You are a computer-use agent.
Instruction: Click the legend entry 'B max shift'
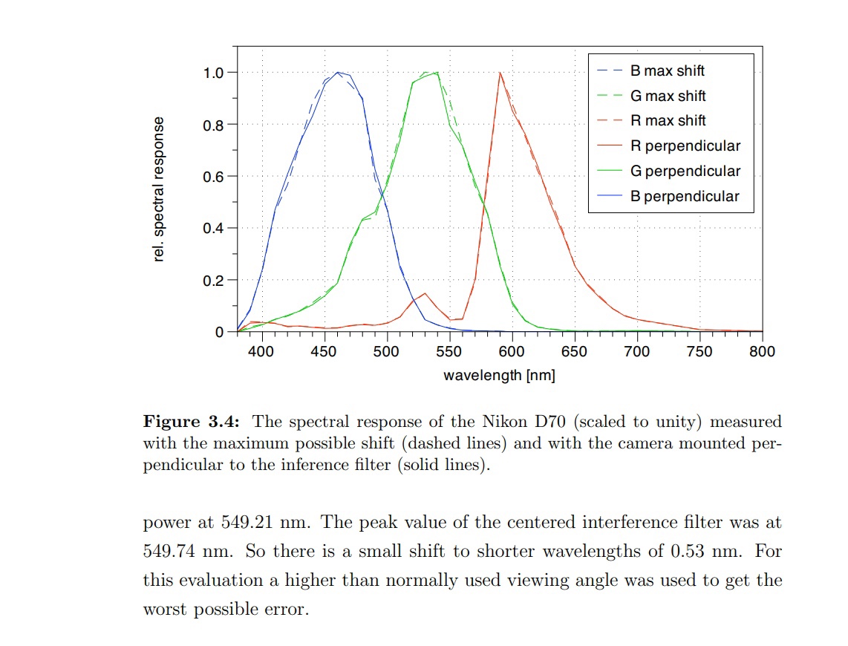click(x=667, y=71)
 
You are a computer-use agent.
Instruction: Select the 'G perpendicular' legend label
click(x=685, y=172)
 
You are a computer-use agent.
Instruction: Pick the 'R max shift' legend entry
click(x=668, y=121)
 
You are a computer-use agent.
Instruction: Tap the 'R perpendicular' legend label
click(x=685, y=146)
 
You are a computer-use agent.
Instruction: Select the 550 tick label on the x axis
click(x=449, y=351)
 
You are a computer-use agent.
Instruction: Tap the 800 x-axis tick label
click(x=762, y=351)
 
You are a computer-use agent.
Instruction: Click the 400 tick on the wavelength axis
click(x=261, y=351)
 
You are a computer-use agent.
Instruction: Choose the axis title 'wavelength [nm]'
click(x=499, y=376)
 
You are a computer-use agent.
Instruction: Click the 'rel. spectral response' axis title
click(x=158, y=189)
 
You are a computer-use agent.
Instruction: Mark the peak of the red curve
click(x=500, y=73)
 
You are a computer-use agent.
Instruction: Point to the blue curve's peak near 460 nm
click(x=338, y=73)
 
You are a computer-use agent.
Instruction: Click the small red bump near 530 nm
click(x=425, y=293)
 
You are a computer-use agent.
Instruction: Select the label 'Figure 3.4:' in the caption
click(x=191, y=422)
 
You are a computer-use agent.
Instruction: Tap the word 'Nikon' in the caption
click(x=498, y=422)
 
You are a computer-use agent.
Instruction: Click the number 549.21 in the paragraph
click(x=250, y=522)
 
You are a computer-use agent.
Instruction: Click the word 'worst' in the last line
click(x=165, y=610)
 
